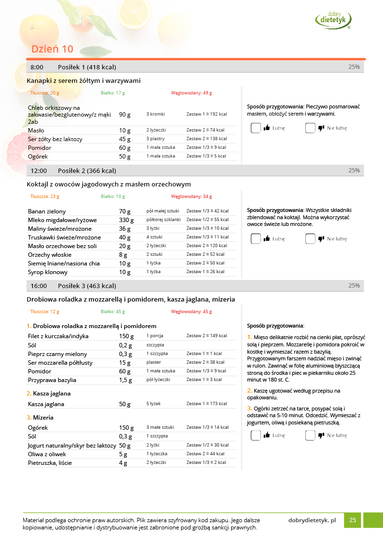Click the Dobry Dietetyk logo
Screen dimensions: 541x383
pyautogui.click(x=333, y=19)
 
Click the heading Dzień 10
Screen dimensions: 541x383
pyautogui.click(x=52, y=49)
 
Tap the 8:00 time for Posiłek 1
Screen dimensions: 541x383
pyautogui.click(x=37, y=67)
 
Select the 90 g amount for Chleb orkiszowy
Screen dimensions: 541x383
pyautogui.click(x=125, y=115)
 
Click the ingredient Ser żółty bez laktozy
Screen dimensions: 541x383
pyautogui.click(x=55, y=139)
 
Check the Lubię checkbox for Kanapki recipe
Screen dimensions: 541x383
pyautogui.click(x=256, y=128)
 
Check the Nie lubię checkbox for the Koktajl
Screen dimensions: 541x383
pyautogui.click(x=310, y=238)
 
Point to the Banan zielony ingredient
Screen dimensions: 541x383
pyautogui.click(x=47, y=211)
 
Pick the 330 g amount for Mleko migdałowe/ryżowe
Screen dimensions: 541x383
pyautogui.click(x=125, y=220)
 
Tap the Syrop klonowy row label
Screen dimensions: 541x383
pyautogui.click(x=47, y=272)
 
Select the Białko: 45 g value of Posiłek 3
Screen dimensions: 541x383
pyautogui.click(x=113, y=312)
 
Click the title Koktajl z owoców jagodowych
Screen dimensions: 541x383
pyautogui.click(x=109, y=184)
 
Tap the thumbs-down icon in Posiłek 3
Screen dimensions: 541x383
pyautogui.click(x=321, y=435)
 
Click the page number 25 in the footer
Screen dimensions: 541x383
pyautogui.click(x=353, y=520)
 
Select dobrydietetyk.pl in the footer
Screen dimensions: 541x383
pyautogui.click(x=312, y=520)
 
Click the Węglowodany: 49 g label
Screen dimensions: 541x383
pyautogui.click(x=191, y=93)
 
